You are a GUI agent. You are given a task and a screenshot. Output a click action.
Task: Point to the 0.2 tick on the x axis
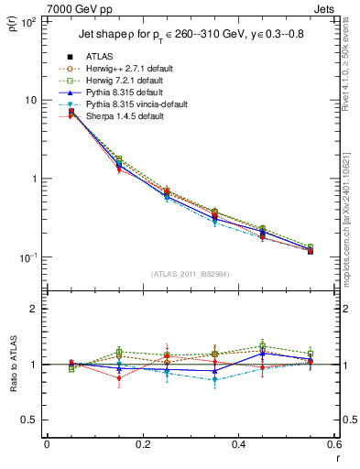pyautogui.click(x=142, y=445)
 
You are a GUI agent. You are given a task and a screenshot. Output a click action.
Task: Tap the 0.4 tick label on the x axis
pyautogui.click(x=238, y=445)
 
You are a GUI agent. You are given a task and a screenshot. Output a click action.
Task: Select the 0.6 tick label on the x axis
pyautogui.click(x=333, y=445)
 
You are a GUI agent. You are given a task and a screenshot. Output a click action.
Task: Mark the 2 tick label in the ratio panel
pyautogui.click(x=34, y=309)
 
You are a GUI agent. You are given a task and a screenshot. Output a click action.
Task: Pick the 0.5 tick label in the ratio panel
pyautogui.click(x=29, y=420)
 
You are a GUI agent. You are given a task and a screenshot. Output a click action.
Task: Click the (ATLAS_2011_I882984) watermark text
pyautogui.click(x=190, y=273)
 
